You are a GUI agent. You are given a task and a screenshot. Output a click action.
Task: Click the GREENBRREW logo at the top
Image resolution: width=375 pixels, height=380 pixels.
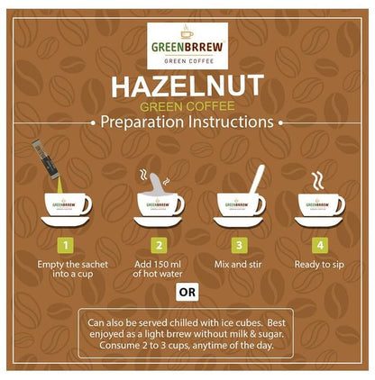coord(187,45)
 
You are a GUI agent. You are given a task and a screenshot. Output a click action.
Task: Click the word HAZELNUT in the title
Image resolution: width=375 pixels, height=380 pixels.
coord(187,86)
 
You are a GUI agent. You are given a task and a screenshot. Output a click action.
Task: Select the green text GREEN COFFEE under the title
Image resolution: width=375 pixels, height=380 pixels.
coord(187,105)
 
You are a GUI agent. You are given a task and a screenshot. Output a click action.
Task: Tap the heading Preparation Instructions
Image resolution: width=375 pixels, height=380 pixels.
coord(187,122)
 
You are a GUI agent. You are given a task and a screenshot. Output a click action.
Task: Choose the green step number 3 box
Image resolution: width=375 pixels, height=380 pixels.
coord(239,243)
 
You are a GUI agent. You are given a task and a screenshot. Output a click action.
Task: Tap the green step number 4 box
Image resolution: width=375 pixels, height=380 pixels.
coord(321,243)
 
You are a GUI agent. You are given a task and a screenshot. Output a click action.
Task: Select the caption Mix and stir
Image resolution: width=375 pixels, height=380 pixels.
coord(239,265)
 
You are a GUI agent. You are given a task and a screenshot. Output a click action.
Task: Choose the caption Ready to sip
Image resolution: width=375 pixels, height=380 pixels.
coord(321,265)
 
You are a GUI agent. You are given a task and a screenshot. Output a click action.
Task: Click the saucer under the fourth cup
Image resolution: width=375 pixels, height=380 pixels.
coord(320,221)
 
